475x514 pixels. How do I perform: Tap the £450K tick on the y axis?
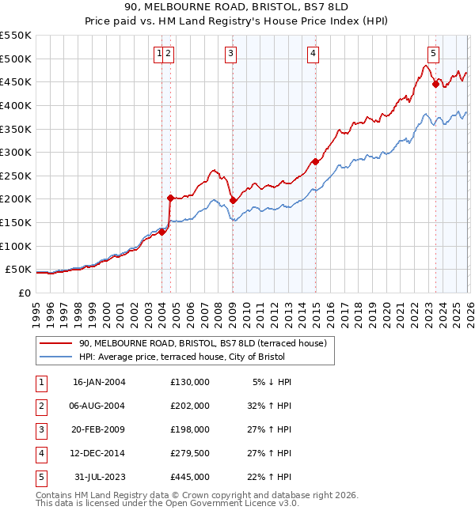16,81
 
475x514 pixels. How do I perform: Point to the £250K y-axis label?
16,176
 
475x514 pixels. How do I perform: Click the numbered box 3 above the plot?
230,54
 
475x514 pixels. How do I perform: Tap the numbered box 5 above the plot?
434,54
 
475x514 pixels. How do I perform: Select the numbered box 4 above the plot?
313,54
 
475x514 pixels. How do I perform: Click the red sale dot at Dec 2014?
315,161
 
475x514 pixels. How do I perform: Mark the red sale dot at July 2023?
435,84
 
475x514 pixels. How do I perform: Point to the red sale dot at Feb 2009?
234,200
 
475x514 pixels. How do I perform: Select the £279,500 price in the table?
190,453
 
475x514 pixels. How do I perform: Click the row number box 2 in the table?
40,406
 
